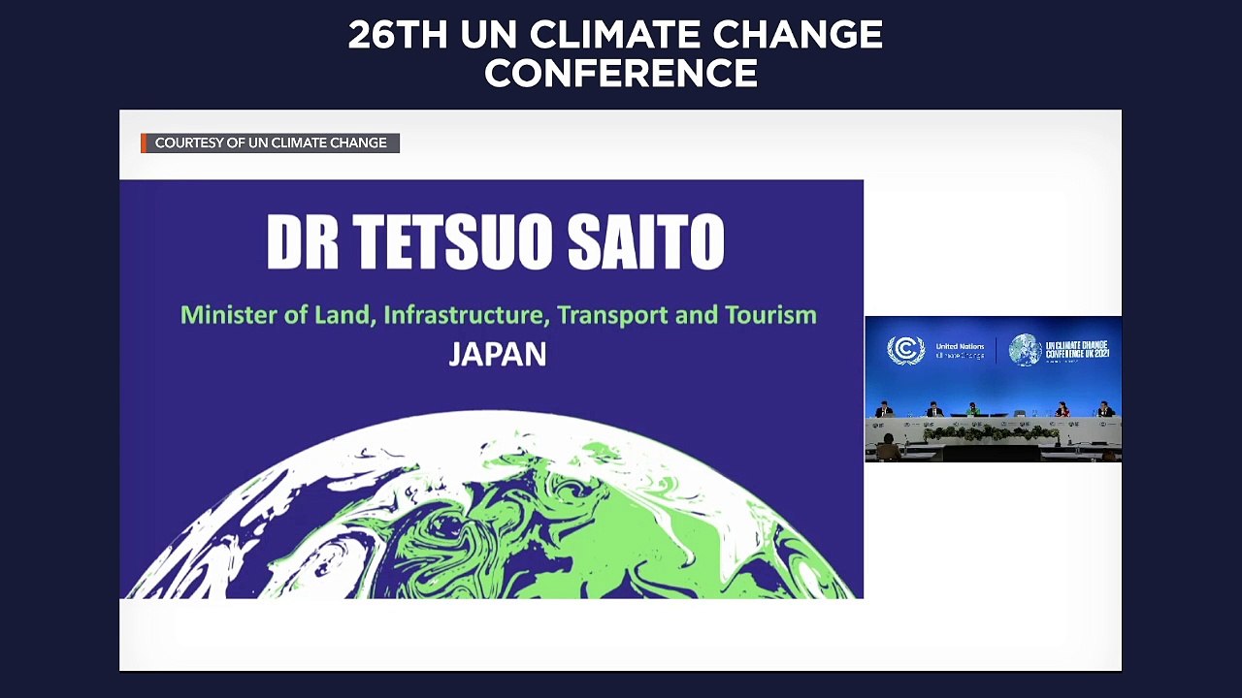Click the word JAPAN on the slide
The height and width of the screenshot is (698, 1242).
(x=497, y=354)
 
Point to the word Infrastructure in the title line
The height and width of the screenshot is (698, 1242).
(x=465, y=315)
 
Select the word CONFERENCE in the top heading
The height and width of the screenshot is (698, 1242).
(x=621, y=74)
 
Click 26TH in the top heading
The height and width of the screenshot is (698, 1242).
(x=398, y=36)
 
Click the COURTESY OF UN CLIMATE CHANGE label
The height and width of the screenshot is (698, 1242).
(x=271, y=143)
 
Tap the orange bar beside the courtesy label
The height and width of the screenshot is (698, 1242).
(x=144, y=143)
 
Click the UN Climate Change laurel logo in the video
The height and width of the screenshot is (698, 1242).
(x=905, y=350)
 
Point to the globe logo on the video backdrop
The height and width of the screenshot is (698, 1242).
(x=1025, y=350)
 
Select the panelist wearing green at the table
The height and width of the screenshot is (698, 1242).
(x=973, y=409)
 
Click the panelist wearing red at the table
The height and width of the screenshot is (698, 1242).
(x=1062, y=409)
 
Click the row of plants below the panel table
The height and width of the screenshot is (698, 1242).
(x=990, y=433)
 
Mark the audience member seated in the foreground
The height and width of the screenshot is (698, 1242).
(x=888, y=448)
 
